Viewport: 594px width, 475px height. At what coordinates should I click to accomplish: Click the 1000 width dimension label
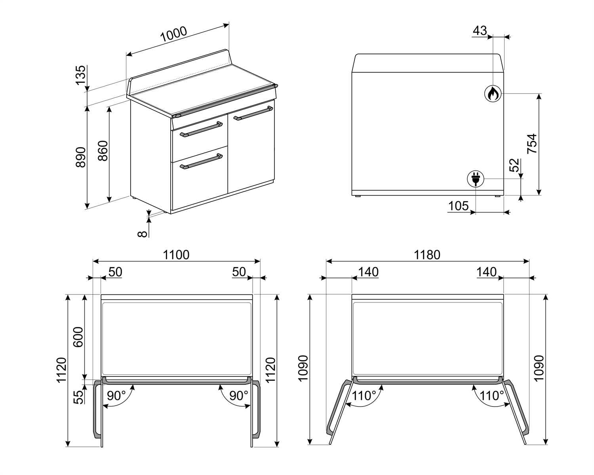tap(173, 34)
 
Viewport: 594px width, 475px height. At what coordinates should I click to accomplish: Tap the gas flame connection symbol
tap(493, 94)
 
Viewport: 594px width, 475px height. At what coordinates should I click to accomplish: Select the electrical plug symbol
tap(476, 179)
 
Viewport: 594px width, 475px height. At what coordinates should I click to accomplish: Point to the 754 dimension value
tap(532, 144)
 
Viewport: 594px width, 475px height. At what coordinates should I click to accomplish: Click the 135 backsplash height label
tap(81, 75)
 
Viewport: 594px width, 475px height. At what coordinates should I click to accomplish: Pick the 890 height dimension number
tap(81, 157)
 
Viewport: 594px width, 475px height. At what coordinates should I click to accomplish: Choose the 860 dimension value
tap(103, 151)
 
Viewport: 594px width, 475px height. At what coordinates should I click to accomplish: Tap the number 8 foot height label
tap(142, 234)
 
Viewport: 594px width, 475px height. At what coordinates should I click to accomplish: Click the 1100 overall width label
tap(176, 255)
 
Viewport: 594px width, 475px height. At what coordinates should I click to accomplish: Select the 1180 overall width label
tap(427, 255)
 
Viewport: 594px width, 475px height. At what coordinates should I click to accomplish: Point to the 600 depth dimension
tap(78, 337)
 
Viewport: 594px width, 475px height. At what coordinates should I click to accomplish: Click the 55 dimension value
tap(79, 397)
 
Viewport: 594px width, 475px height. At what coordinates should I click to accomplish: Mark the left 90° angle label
tap(116, 396)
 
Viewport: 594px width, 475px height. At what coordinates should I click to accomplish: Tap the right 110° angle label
tap(491, 396)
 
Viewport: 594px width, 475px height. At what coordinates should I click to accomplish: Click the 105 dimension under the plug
tap(459, 206)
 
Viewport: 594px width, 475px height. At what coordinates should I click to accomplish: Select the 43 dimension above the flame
tap(480, 30)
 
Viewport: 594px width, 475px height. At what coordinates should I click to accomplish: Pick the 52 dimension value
tap(514, 165)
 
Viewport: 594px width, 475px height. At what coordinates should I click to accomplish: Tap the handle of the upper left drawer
tap(201, 129)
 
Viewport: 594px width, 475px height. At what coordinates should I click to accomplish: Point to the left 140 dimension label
tap(368, 272)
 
